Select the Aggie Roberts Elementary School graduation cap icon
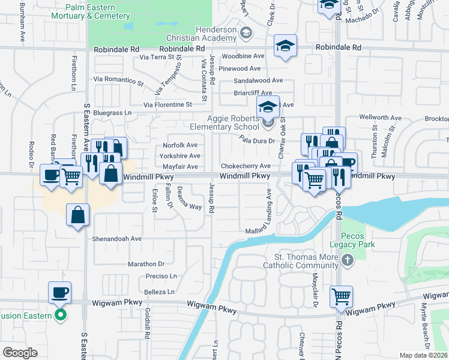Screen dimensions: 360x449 pos(268,107)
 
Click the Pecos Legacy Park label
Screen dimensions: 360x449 pos(352,240)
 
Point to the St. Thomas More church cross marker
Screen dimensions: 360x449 pos(347,260)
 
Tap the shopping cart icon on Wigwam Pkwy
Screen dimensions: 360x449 pos(341,296)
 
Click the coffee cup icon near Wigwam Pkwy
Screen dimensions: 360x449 pos(59,292)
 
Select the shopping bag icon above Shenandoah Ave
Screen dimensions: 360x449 pos(78,214)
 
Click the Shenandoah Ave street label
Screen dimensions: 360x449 pos(116,238)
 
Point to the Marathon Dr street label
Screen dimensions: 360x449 pos(146,264)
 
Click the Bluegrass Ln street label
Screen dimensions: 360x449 pos(112,113)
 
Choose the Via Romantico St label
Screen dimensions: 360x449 pos(119,79)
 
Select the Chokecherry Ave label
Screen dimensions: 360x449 pos(246,166)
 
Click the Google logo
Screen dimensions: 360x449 pos(20,353)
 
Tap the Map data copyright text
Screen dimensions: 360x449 pos(423,355)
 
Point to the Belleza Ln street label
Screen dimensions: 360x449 pos(159,292)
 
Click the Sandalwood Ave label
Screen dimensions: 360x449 pos(258,80)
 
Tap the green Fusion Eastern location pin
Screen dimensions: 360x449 pos(59,314)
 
